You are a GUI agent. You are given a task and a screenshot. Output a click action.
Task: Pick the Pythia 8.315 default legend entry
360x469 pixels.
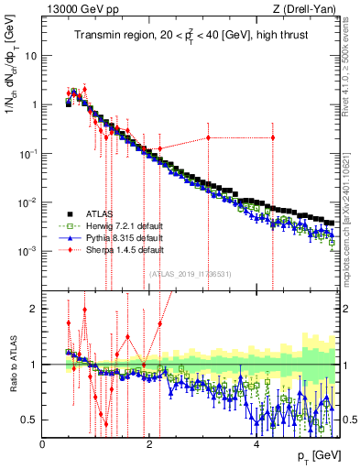pos(109,237)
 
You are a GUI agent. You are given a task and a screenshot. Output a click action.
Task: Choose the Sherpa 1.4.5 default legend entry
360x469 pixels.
pos(111,248)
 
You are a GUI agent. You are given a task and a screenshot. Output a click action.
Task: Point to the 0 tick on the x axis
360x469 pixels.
pos(42,444)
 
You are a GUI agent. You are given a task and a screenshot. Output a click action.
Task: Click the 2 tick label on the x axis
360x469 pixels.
pos(149,444)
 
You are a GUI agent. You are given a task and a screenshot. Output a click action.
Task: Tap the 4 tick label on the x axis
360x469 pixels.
pos(256,444)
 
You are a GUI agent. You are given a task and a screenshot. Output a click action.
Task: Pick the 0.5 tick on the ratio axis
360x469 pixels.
pos(31,420)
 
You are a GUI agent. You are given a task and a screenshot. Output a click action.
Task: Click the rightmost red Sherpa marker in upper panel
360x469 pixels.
pos(272,137)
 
